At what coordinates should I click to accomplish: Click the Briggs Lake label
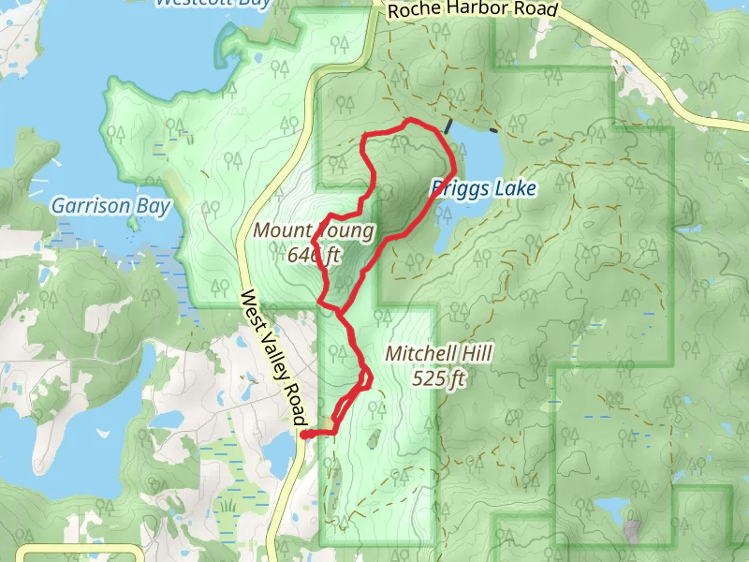coord(483,188)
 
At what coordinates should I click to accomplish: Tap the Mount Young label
coord(314,230)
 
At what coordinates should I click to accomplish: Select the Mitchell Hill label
coord(438,354)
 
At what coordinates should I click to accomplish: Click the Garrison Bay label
coord(110,205)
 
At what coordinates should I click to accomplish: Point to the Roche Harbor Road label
coord(472,10)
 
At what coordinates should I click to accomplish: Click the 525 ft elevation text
coord(438,378)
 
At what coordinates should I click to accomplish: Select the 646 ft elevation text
coord(315,254)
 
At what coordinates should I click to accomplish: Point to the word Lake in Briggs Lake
coord(514,188)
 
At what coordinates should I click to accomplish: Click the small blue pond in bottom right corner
coord(612,510)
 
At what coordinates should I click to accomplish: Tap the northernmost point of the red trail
coord(407,120)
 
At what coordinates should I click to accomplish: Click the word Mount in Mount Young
coord(282,230)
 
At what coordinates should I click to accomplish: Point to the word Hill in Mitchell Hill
coord(476,354)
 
